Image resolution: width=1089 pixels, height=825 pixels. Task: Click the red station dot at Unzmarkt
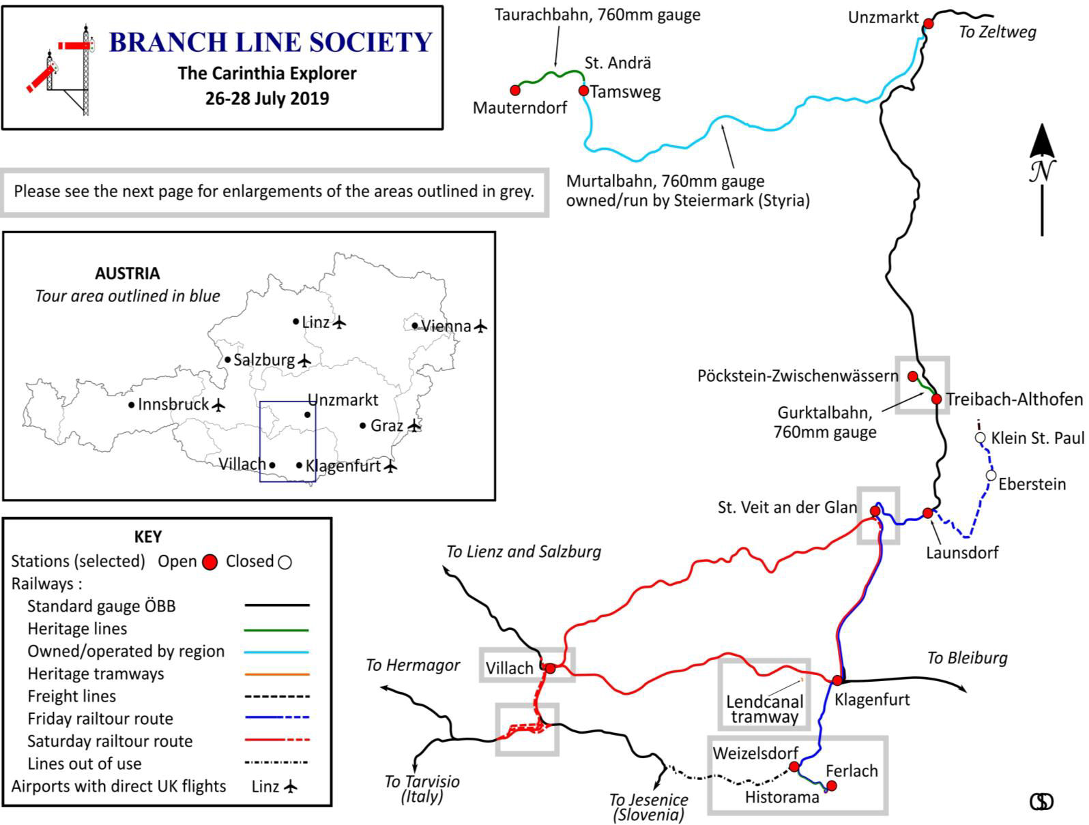pos(928,24)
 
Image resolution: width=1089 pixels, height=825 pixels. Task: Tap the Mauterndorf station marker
pos(515,90)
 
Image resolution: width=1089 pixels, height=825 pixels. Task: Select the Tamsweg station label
pos(625,92)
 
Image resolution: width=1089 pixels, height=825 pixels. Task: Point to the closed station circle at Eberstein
pos(991,475)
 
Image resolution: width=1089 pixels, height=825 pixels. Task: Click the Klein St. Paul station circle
pos(980,438)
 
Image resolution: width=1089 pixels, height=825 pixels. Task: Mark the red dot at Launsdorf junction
pos(927,513)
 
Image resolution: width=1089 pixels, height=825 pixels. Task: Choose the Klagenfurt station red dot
pos(837,680)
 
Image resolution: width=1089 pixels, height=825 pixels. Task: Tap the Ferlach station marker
pos(831,786)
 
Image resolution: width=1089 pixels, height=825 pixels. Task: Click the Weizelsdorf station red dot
pos(794,767)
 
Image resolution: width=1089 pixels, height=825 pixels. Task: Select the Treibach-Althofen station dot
pos(936,399)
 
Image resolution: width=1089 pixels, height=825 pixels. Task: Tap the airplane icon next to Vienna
pos(481,326)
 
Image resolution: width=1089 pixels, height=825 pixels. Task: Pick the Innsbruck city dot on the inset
pos(131,405)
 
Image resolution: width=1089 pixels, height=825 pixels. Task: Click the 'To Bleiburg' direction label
pos(967,658)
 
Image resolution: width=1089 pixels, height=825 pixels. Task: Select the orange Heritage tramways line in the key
pos(276,674)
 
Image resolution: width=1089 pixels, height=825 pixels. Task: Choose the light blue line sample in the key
pos(276,651)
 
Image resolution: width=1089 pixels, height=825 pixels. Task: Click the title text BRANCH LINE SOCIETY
pos(270,42)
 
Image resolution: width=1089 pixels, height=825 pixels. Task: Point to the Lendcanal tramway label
pos(764,709)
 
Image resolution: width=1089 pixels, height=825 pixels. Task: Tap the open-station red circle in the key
pos(210,562)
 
